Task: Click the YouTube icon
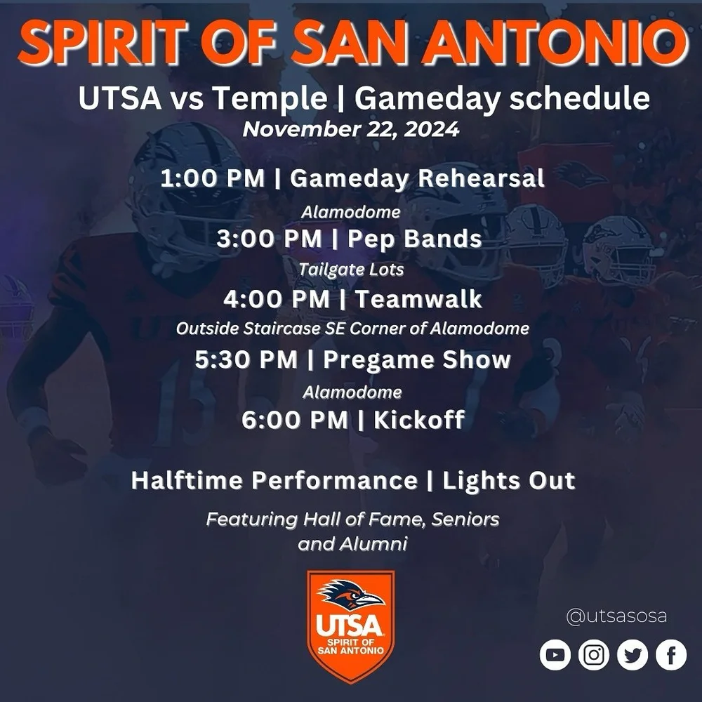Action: click(x=555, y=655)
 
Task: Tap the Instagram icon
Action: click(x=594, y=655)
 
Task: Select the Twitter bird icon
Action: click(x=633, y=655)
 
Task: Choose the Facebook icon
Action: click(x=671, y=655)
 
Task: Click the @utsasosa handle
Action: click(x=616, y=617)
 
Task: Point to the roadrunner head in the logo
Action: click(x=350, y=595)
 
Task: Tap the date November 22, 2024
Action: click(x=351, y=130)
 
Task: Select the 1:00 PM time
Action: click(x=213, y=178)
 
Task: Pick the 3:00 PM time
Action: click(x=269, y=239)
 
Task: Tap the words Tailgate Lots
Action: click(x=351, y=269)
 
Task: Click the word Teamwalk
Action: click(x=418, y=300)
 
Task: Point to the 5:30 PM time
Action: click(x=246, y=360)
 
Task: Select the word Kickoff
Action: click(x=418, y=420)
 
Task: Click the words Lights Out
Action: click(x=509, y=481)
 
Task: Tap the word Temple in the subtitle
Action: click(x=270, y=99)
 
